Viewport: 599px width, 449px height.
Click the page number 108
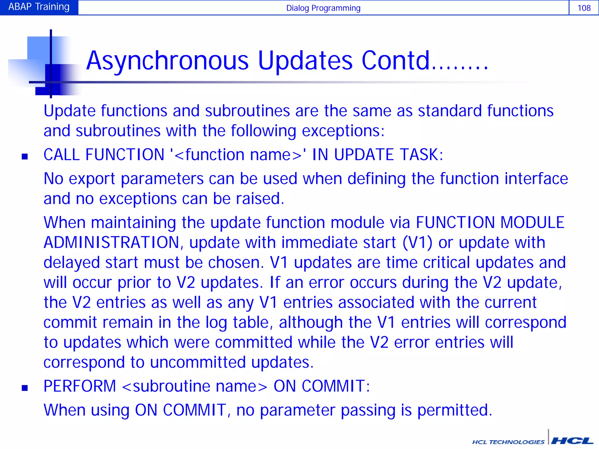point(584,8)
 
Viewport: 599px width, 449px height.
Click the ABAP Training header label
point(39,7)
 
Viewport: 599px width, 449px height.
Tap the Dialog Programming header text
point(323,8)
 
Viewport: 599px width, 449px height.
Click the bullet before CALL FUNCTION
point(25,157)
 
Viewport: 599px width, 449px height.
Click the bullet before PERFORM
point(25,388)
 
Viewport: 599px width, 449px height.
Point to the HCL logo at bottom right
point(572,441)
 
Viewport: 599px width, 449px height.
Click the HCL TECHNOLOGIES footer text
point(508,442)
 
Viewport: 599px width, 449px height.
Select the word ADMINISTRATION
point(111,243)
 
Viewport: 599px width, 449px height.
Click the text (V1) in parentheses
point(417,243)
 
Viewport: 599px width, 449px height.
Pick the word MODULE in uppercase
point(532,222)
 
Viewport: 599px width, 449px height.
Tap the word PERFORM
point(80,386)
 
